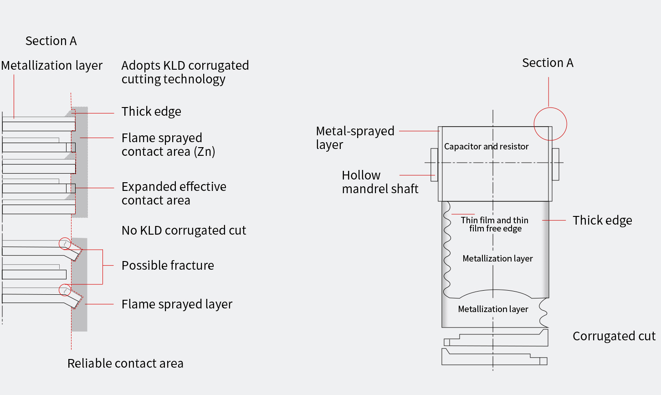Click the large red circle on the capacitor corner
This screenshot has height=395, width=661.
click(x=550, y=124)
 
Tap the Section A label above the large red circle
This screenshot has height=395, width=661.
click(x=548, y=63)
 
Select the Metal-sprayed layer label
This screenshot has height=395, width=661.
click(x=355, y=138)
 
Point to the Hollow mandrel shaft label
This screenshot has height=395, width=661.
click(x=380, y=182)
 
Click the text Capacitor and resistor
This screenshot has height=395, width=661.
click(x=486, y=146)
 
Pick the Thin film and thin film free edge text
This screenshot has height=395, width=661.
click(x=495, y=224)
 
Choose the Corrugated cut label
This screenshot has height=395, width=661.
click(x=614, y=336)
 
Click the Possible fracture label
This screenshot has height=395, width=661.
click(x=168, y=265)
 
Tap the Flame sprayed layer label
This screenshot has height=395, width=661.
click(x=177, y=304)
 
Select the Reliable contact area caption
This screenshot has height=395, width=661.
click(x=125, y=363)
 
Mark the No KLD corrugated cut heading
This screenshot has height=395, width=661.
click(x=184, y=231)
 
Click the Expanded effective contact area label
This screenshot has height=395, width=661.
click(x=174, y=193)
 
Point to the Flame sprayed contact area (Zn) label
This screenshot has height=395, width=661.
click(x=168, y=144)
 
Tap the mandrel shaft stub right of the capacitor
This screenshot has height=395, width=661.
click(x=555, y=164)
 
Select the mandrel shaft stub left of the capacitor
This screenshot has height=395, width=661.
click(x=434, y=164)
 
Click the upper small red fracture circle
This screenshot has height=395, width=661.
click(x=65, y=243)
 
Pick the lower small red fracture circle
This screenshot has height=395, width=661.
click(x=65, y=290)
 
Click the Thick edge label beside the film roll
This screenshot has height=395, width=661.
click(x=602, y=221)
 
